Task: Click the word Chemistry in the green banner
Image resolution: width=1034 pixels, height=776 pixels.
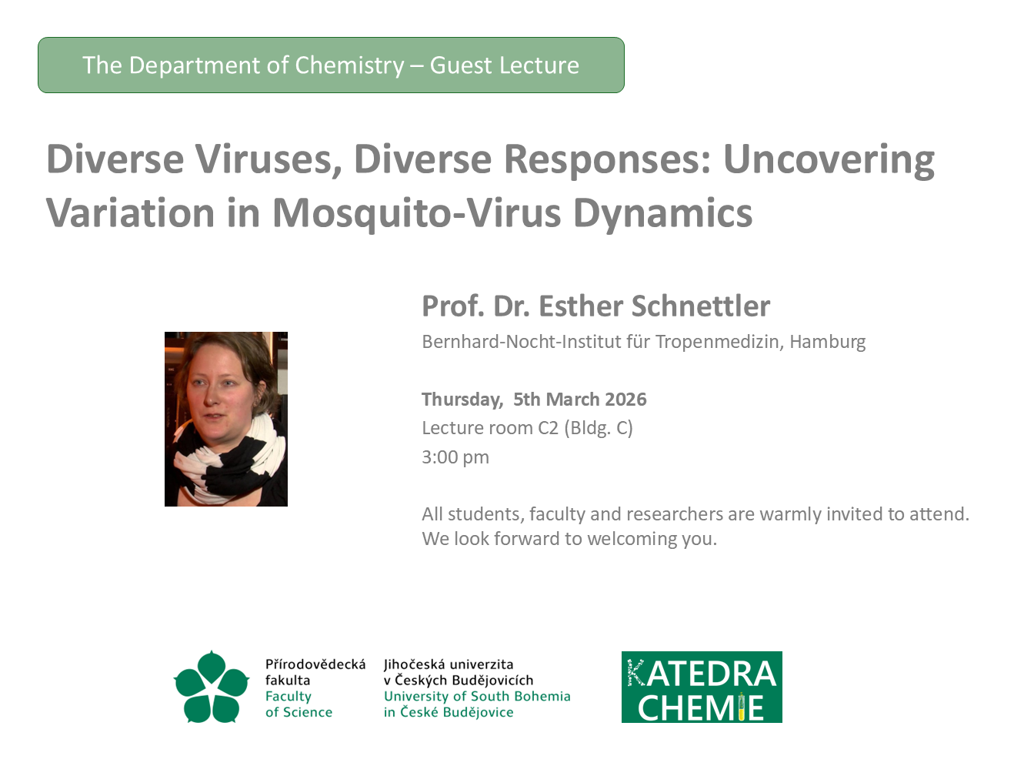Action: click(349, 66)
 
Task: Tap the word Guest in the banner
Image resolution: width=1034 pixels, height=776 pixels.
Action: click(461, 65)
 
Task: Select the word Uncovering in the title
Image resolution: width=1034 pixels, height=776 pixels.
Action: click(829, 160)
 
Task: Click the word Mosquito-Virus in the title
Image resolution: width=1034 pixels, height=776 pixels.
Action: click(417, 213)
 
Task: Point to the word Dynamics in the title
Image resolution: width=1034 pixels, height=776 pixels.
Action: click(663, 213)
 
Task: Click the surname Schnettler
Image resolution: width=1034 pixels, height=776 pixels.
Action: click(700, 306)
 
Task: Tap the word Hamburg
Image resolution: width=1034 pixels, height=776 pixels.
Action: click(828, 342)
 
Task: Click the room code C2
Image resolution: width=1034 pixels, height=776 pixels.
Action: click(549, 428)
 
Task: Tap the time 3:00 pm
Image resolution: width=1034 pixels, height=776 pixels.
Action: click(455, 457)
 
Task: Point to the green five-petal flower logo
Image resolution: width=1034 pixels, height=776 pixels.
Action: click(212, 687)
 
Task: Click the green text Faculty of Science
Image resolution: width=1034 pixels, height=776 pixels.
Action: click(299, 704)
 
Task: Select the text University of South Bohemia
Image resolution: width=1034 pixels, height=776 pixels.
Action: click(477, 697)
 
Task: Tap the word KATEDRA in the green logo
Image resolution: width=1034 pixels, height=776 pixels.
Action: click(702, 674)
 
